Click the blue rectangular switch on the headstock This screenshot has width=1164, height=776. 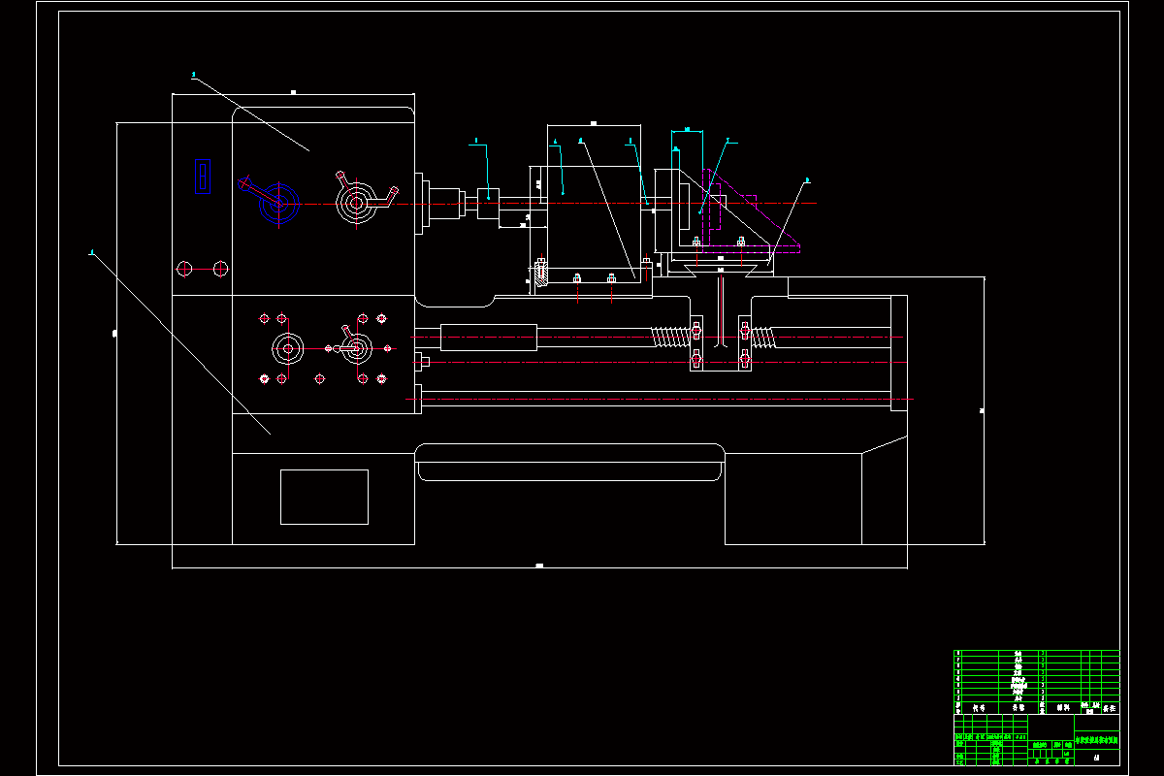(203, 176)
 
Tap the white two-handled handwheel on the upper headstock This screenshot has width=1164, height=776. (356, 203)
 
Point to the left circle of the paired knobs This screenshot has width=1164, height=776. (186, 268)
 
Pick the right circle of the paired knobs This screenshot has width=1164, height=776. (220, 268)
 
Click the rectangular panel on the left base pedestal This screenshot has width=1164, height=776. (324, 497)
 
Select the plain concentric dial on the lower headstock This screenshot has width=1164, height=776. (287, 348)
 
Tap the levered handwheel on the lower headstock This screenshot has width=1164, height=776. (356, 348)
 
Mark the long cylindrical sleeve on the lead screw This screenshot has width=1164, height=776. (488, 337)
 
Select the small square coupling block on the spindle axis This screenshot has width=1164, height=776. (489, 203)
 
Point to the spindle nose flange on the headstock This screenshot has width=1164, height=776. (422, 204)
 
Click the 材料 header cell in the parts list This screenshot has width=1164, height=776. (1064, 708)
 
